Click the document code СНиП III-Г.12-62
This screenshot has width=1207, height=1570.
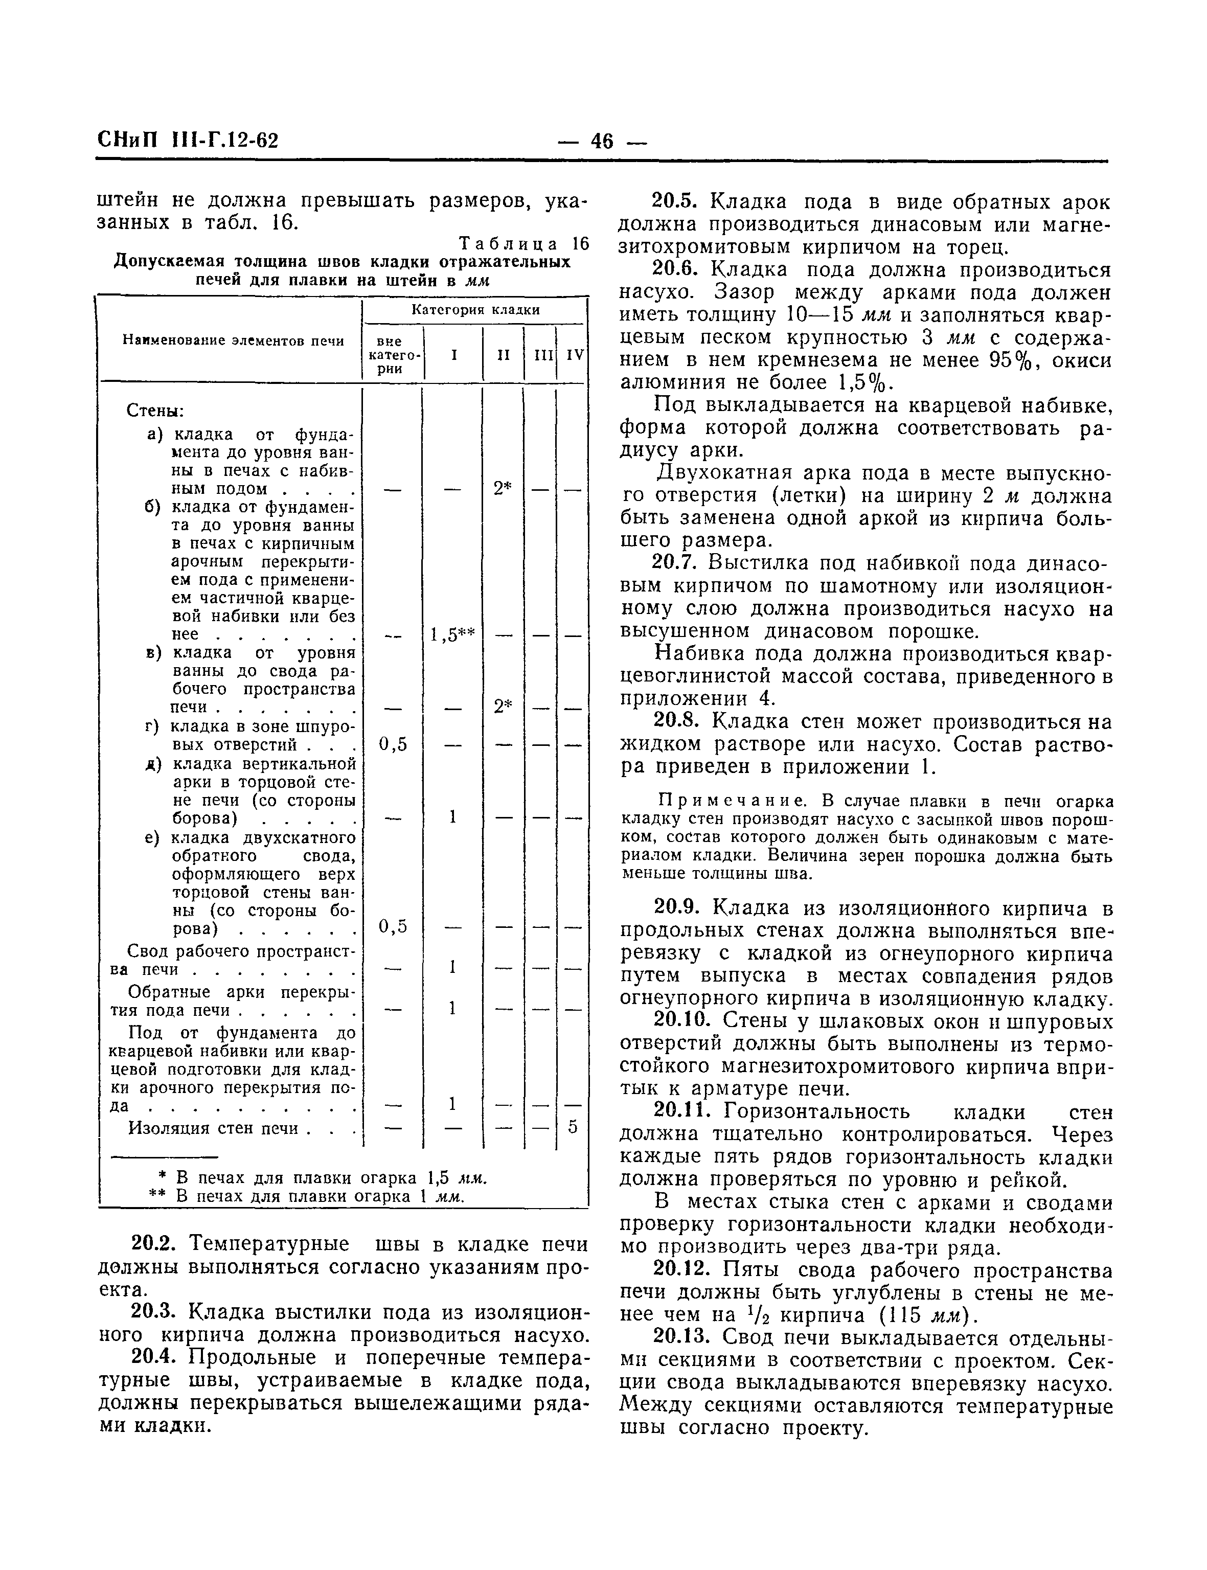(x=188, y=140)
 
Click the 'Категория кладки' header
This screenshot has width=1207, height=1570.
(x=475, y=310)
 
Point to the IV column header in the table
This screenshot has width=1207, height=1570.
(x=575, y=355)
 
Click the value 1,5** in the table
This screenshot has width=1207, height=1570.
(x=452, y=634)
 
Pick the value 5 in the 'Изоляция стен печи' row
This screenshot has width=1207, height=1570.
(x=573, y=1127)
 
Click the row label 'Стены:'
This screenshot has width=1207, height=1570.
(x=155, y=411)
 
